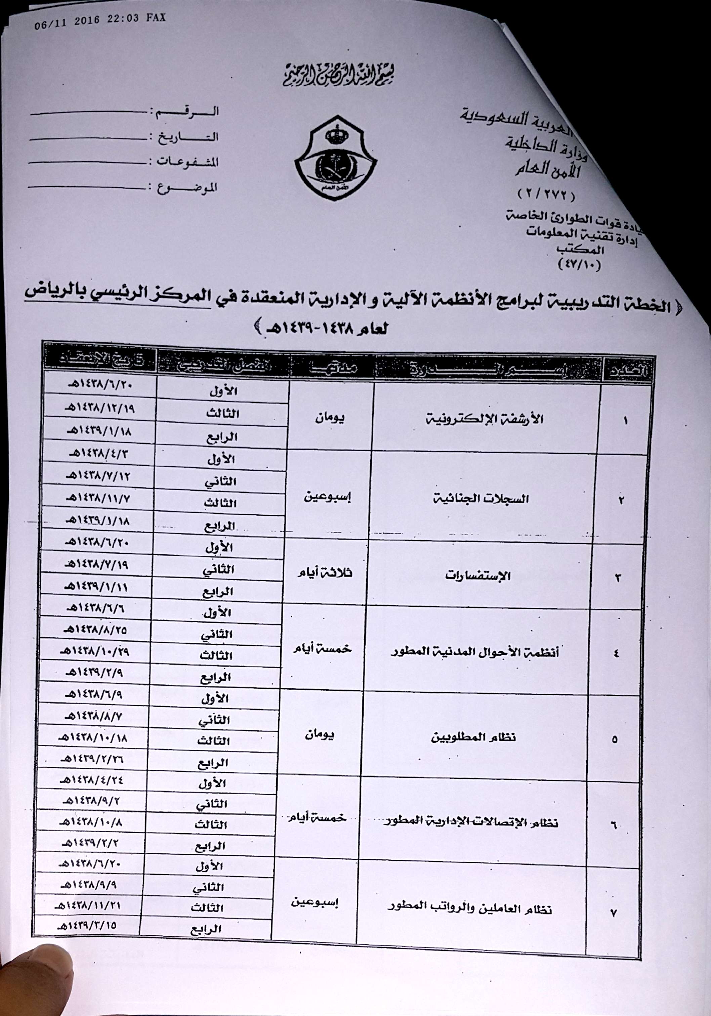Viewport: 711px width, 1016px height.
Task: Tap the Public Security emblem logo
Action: [336, 158]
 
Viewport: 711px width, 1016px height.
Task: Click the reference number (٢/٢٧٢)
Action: [545, 194]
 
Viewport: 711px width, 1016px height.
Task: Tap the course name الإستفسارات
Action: [478, 576]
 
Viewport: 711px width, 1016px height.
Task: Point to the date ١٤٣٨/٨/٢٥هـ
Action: [93, 629]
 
